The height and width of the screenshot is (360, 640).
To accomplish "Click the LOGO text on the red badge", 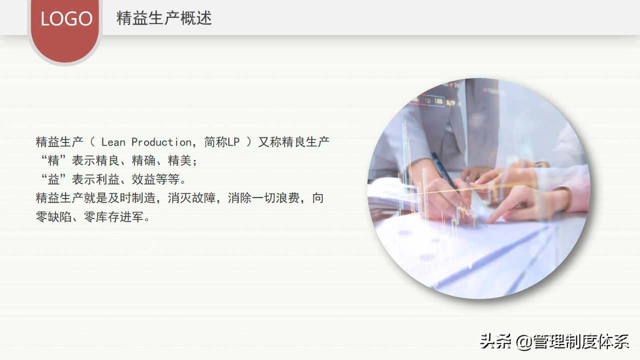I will (67, 19).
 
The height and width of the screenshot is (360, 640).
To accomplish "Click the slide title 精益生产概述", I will (164, 18).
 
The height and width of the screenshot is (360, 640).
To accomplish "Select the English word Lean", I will (113, 142).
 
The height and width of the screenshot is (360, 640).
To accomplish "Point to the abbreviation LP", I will (234, 142).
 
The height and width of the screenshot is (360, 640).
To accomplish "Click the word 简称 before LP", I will (216, 142).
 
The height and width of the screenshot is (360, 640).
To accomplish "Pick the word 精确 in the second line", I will (144, 160).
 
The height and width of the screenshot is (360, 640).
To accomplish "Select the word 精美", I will (180, 160).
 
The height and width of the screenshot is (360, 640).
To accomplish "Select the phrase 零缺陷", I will (54, 217).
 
